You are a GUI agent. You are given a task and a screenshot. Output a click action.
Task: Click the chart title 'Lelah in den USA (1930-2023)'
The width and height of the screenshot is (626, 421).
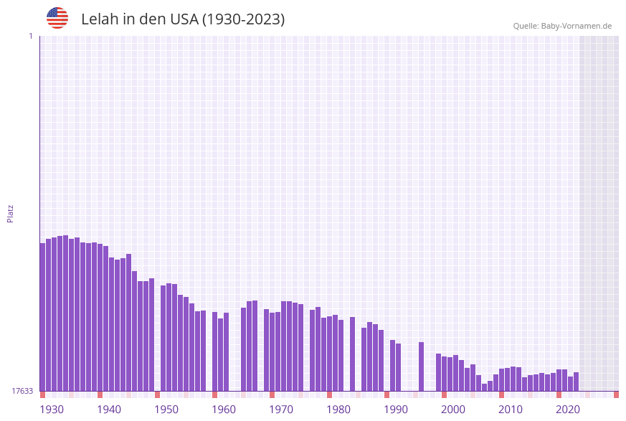tap(183, 19)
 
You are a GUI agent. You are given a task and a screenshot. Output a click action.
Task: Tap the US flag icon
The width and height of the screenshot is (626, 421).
tap(57, 18)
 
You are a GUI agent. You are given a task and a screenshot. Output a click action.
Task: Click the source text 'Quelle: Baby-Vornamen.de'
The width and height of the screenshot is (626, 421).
tap(562, 26)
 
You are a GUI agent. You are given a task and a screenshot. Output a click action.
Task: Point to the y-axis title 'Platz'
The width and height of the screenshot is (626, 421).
tap(11, 213)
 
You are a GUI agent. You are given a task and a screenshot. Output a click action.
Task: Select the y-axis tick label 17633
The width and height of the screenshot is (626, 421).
tap(22, 391)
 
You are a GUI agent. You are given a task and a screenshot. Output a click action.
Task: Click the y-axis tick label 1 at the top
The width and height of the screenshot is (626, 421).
tap(30, 36)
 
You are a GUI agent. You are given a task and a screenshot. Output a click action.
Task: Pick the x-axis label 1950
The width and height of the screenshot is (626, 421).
tap(166, 410)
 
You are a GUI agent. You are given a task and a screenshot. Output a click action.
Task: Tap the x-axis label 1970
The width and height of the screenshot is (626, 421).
tap(281, 410)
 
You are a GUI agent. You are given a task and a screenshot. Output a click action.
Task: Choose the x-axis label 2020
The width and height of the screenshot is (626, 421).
tap(568, 410)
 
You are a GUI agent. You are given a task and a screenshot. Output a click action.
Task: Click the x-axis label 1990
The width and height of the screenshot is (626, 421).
tap(396, 410)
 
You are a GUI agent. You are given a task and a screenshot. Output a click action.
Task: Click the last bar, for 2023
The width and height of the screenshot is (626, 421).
tap(576, 382)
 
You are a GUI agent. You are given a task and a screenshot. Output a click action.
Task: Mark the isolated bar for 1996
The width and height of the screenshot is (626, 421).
tap(421, 366)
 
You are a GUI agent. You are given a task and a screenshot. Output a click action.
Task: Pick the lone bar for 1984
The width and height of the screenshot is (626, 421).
tap(352, 354)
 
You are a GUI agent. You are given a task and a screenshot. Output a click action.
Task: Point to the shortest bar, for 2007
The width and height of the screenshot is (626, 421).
tap(484, 387)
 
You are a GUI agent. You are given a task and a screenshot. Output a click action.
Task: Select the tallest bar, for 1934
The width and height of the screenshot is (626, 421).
tap(65, 313)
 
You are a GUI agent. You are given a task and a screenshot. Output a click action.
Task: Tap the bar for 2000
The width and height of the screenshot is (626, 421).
tap(444, 374)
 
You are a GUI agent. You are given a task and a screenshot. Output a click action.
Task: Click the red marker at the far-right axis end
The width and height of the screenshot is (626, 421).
tap(616, 394)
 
